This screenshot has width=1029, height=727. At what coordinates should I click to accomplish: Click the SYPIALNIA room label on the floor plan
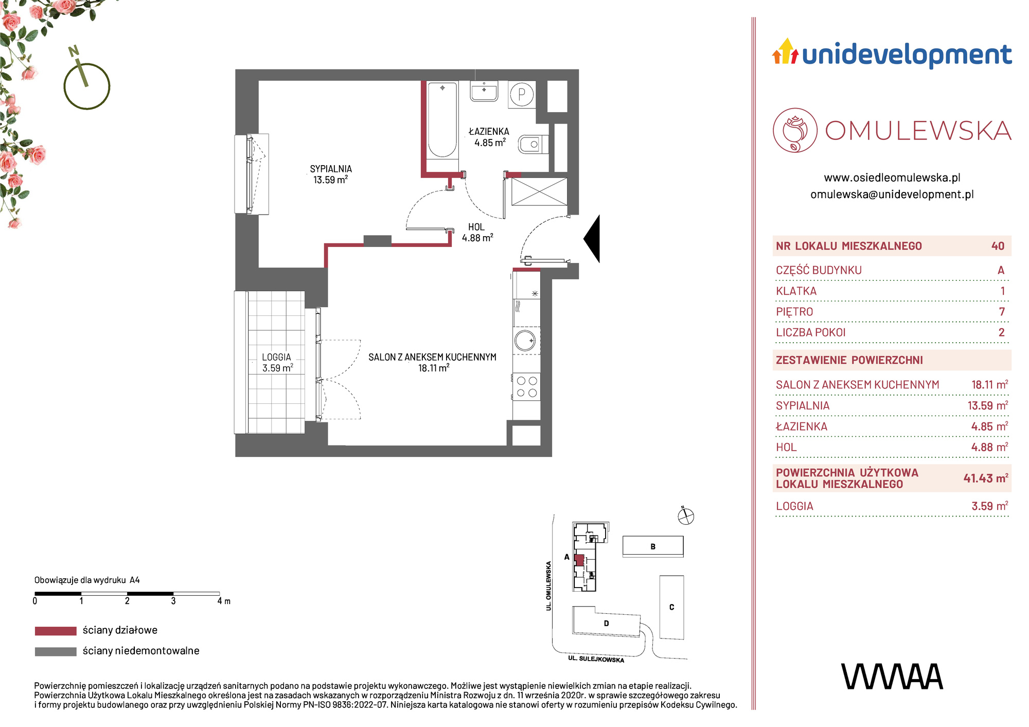pyautogui.click(x=331, y=169)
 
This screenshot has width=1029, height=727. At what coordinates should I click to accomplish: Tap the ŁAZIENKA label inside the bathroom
pyautogui.click(x=489, y=132)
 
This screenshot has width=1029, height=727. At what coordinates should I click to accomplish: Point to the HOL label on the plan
pyautogui.click(x=476, y=227)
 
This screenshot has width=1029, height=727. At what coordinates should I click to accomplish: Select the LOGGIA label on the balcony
pyautogui.click(x=276, y=357)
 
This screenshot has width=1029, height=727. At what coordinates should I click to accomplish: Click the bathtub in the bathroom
pyautogui.click(x=442, y=119)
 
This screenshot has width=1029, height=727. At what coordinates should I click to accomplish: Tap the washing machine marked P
pyautogui.click(x=522, y=94)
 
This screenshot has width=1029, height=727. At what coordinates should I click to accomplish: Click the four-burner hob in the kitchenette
pyautogui.click(x=526, y=387)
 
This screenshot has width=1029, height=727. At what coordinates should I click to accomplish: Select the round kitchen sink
pyautogui.click(x=525, y=341)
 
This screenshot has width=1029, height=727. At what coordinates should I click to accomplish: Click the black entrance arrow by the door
pyautogui.click(x=592, y=239)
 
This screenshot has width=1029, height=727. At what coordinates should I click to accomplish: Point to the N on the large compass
pyautogui.click(x=74, y=51)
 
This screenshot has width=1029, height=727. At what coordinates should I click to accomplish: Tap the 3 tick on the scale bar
pyautogui.click(x=173, y=601)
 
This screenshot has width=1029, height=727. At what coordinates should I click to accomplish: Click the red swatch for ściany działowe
pyautogui.click(x=56, y=631)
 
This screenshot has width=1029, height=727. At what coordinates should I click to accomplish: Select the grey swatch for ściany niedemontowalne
pyautogui.click(x=56, y=651)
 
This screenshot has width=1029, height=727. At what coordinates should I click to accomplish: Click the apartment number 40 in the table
pyautogui.click(x=998, y=246)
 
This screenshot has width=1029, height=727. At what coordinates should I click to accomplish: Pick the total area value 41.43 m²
pyautogui.click(x=985, y=478)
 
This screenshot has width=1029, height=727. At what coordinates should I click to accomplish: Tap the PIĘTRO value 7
pyautogui.click(x=1002, y=312)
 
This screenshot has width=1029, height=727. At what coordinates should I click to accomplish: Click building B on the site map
pyautogui.click(x=653, y=546)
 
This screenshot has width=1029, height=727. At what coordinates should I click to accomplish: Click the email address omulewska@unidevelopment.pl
pyautogui.click(x=892, y=194)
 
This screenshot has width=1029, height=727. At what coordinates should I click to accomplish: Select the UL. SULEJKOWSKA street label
pyautogui.click(x=596, y=659)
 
